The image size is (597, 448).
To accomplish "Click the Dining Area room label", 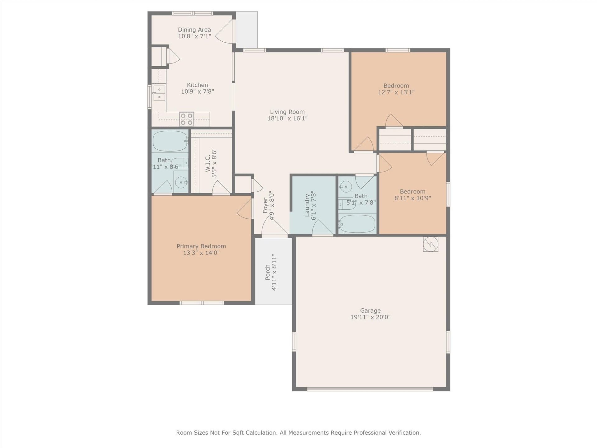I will click(x=194, y=30).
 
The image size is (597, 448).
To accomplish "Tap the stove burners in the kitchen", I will click(x=187, y=119).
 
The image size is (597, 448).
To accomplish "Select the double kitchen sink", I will click(x=159, y=93).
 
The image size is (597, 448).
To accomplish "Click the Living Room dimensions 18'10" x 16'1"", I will click(x=287, y=119).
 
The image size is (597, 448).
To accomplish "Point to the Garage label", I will click(x=370, y=310).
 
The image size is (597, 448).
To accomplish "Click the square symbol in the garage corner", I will click(x=431, y=244).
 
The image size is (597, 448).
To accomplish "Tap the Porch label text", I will click(x=268, y=273).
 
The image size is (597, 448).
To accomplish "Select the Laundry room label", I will click(x=307, y=205).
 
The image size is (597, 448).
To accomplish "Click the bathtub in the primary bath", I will click(x=170, y=141).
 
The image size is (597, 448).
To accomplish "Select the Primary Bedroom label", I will click(x=201, y=246).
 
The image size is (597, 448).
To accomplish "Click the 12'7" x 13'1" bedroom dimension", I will click(x=396, y=92).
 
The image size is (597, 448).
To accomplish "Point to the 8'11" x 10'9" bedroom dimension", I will click(x=413, y=198).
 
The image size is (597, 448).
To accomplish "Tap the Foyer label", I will click(x=265, y=205).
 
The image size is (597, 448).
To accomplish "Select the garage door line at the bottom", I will click(x=370, y=389).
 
